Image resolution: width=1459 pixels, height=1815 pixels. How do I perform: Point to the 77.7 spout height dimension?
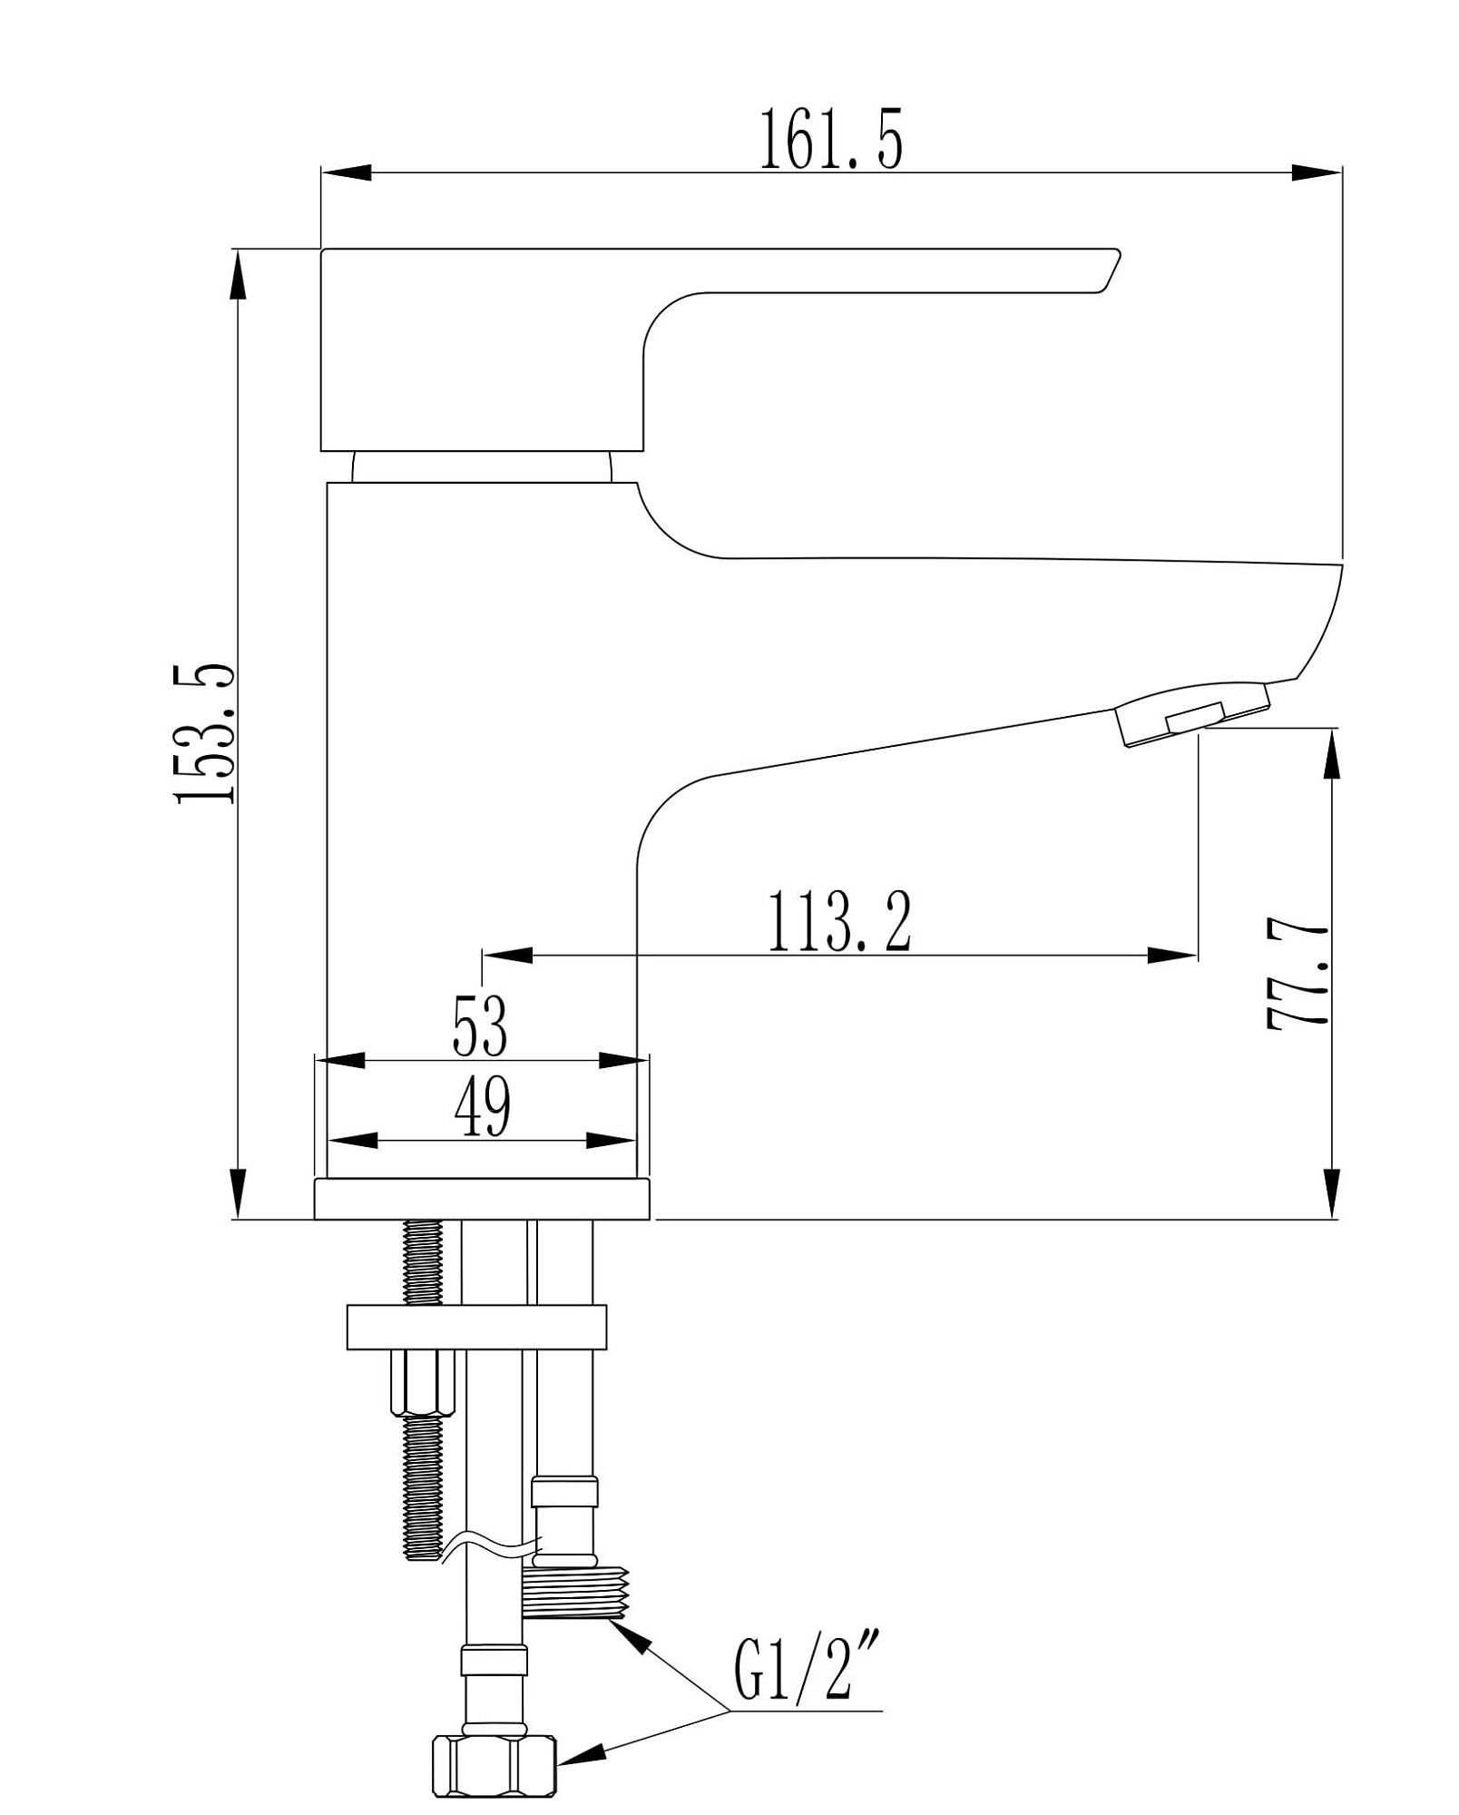coord(1297,976)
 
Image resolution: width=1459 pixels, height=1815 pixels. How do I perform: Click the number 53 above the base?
coord(480,1026)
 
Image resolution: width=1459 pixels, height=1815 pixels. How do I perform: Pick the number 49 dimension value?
coord(482,1107)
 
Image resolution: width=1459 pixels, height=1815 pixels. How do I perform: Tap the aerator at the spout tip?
coord(1192,714)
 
